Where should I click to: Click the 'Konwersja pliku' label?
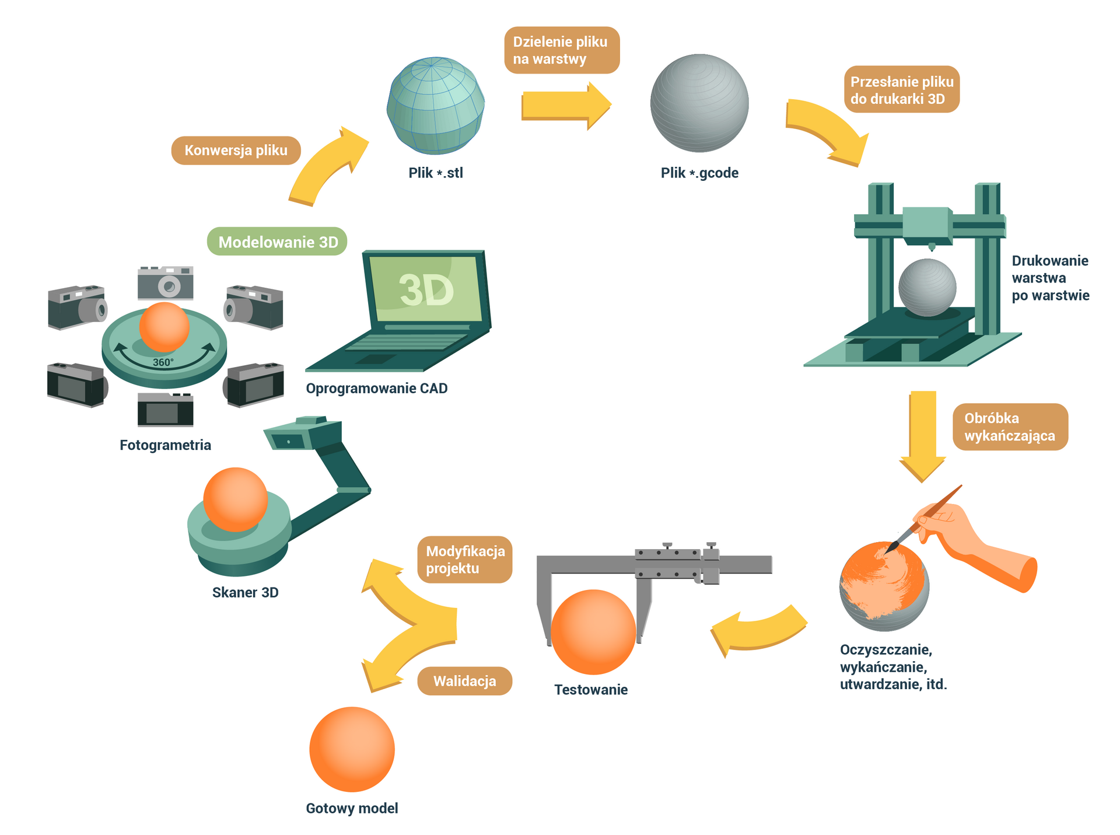[236, 151]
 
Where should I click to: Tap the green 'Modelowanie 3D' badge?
[277, 242]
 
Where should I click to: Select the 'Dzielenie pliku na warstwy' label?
[561, 50]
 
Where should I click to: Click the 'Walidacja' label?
[464, 681]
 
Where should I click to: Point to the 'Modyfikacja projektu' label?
[464, 560]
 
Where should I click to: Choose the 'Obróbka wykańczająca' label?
[1010, 427]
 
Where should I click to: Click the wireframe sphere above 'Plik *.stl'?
[435, 106]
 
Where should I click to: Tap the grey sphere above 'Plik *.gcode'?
[699, 103]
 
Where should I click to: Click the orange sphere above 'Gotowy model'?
[352, 749]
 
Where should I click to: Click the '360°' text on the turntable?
[163, 362]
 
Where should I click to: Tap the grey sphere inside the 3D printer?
[927, 288]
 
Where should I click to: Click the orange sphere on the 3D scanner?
[235, 499]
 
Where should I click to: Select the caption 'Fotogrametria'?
[165, 445]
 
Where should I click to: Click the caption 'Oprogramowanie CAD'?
[376, 389]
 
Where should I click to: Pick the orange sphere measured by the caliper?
[593, 632]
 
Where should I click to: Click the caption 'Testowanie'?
[590, 690]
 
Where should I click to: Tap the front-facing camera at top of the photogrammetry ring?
[166, 282]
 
